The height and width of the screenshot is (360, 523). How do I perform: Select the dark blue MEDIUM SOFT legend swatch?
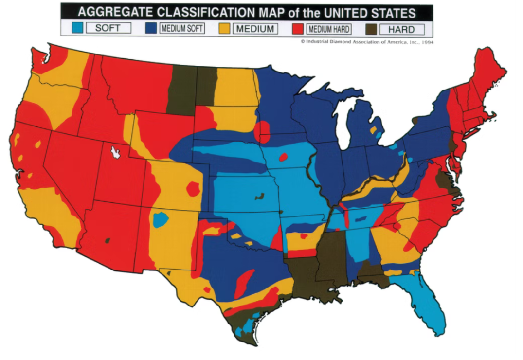(151, 28)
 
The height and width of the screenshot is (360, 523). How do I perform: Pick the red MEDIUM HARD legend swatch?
(298, 28)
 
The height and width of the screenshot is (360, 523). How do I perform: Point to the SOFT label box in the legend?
(108, 28)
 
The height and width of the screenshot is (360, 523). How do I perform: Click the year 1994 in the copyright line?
(427, 42)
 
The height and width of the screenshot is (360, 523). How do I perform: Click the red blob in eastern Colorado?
(194, 188)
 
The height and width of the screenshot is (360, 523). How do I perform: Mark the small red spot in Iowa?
(283, 158)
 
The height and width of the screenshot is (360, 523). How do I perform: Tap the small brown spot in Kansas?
(259, 197)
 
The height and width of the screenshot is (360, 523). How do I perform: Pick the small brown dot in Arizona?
(107, 240)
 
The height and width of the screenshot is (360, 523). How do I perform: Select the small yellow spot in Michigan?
(373, 130)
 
